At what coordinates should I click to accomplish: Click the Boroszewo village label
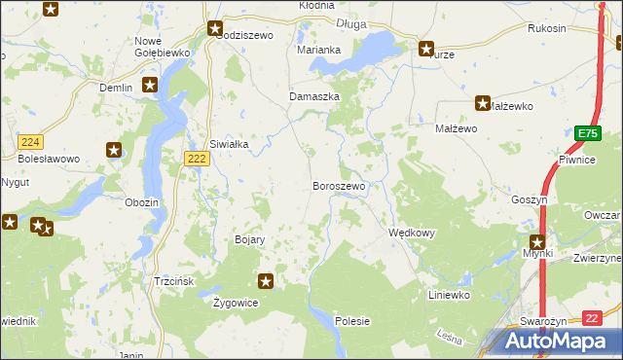click(x=338, y=186)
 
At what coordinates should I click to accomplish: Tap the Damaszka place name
click(x=314, y=97)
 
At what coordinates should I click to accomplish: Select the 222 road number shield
click(x=196, y=159)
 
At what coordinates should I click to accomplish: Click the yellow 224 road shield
click(x=29, y=142)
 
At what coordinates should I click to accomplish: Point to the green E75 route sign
click(x=586, y=134)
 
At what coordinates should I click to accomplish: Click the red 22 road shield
click(x=592, y=317)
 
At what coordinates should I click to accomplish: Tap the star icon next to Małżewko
click(x=483, y=102)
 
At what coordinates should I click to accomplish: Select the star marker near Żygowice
click(x=265, y=282)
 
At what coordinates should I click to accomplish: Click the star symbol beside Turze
click(x=426, y=48)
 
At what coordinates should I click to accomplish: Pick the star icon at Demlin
click(x=149, y=85)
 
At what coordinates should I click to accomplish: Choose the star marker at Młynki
click(x=536, y=241)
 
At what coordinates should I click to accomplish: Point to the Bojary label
click(x=250, y=239)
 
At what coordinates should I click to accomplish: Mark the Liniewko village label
click(x=450, y=294)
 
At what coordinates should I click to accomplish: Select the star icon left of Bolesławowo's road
click(x=115, y=150)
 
